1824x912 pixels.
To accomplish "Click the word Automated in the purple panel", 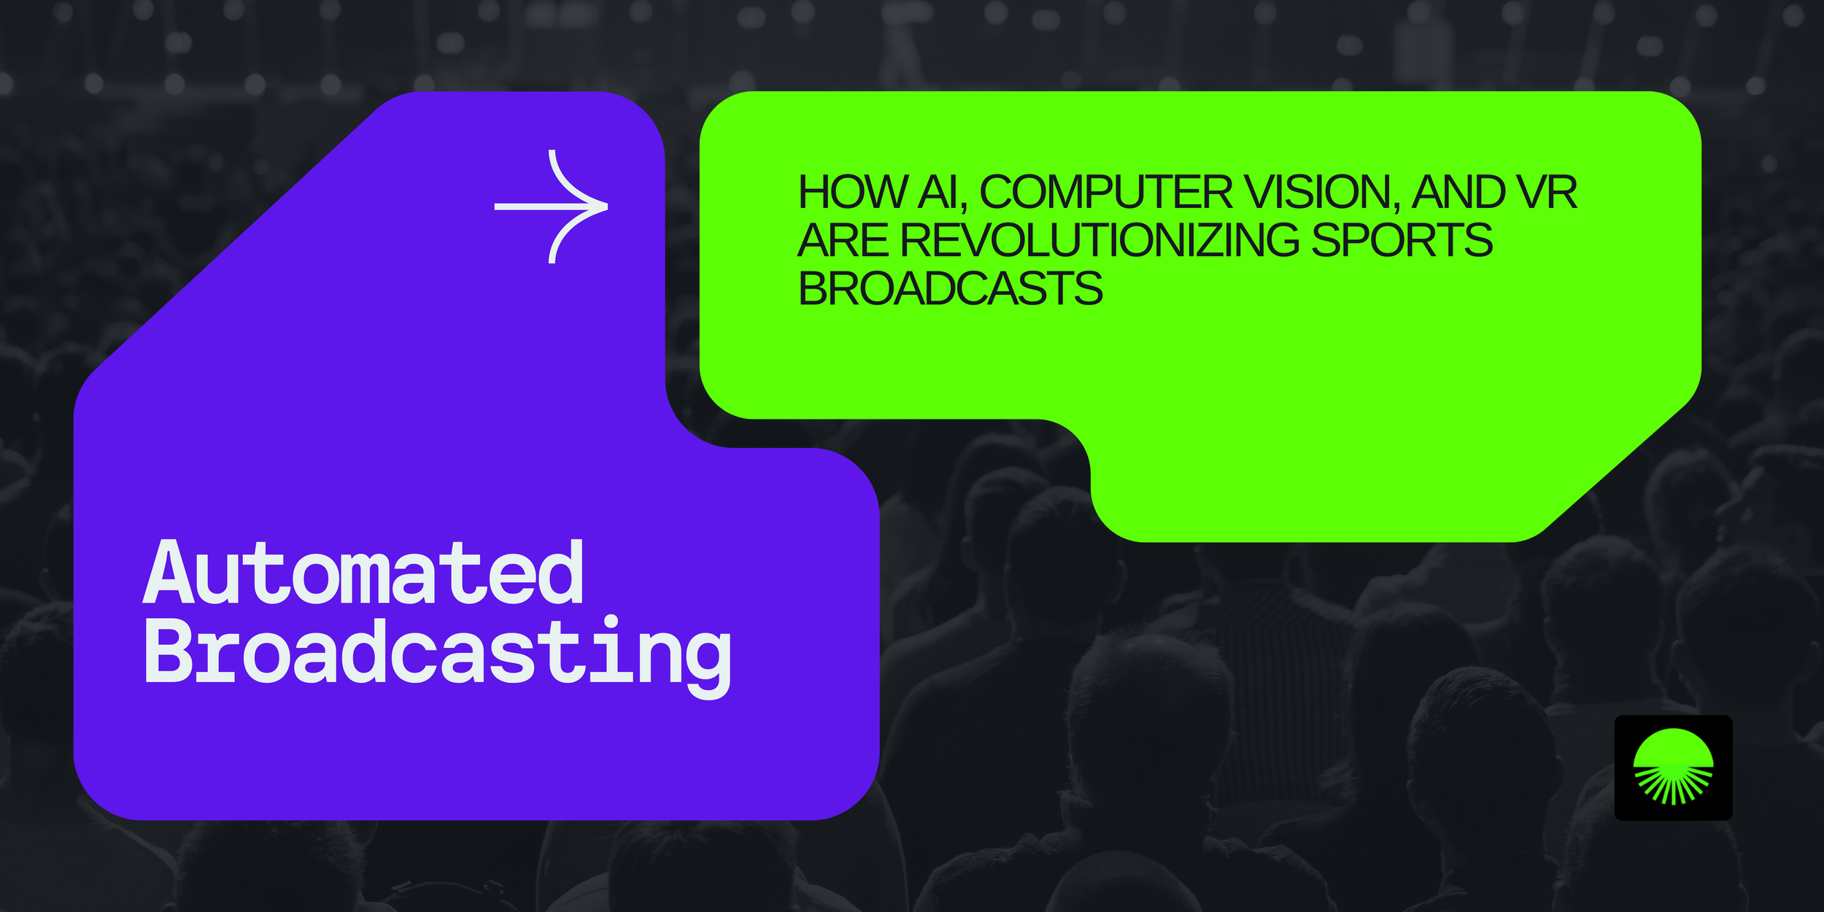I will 363,573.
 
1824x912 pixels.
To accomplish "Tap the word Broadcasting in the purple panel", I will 438,652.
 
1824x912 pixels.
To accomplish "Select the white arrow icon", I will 551,206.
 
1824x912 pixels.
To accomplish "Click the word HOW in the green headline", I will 851,193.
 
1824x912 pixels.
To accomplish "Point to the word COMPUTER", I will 1106,193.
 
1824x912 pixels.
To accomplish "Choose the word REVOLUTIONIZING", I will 1100,240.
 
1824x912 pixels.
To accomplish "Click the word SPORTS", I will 1402,240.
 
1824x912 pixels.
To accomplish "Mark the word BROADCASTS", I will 950,288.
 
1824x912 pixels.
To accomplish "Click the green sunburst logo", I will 1673,767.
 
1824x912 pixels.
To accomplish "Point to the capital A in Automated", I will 169,573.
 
